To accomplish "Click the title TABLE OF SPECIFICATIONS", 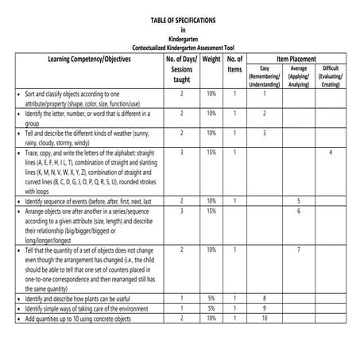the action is (182, 18).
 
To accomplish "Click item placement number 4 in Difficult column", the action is (331, 151).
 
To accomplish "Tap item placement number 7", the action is (298, 250).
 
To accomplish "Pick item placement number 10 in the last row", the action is (265, 318).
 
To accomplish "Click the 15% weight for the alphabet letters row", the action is (211, 151).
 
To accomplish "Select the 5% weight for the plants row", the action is (211, 298).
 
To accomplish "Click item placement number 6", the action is (298, 211).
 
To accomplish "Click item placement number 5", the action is (298, 202).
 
